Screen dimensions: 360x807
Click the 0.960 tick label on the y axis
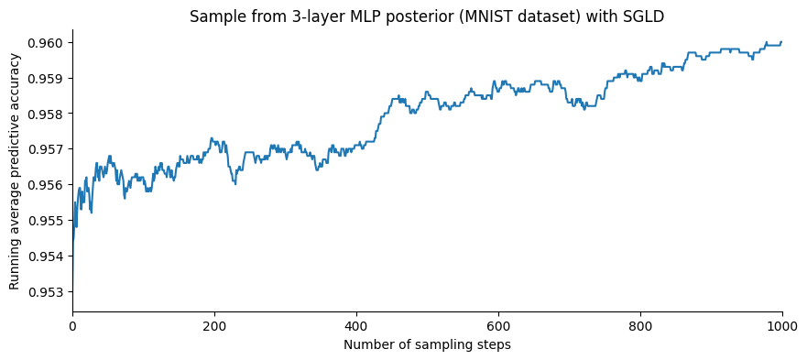click(47, 43)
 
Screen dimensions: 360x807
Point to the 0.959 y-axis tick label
click(47, 79)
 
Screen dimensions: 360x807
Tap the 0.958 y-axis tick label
click(47, 115)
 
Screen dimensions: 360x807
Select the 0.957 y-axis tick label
click(47, 149)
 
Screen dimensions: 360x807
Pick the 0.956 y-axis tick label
click(47, 185)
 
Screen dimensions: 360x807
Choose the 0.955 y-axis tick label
click(47, 221)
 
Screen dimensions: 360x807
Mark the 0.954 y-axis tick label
click(47, 256)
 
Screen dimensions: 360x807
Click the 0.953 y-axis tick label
click(47, 292)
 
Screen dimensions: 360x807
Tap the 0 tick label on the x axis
click(72, 326)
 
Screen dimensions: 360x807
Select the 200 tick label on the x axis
click(214, 326)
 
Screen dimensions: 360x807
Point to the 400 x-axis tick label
click(356, 326)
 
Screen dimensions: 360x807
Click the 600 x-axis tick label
click(498, 326)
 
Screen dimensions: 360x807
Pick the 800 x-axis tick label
click(640, 326)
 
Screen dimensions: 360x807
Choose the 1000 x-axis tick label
click(781, 326)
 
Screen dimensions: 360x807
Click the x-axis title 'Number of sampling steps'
click(427, 345)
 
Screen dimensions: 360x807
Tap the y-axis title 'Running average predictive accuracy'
click(15, 171)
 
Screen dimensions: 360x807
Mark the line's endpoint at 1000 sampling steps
click(781, 41)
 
